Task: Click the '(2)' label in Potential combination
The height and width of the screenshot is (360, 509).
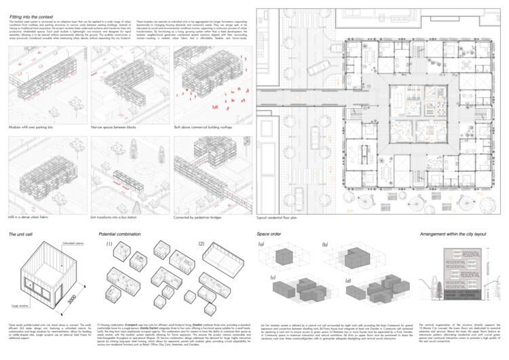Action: click(x=201, y=243)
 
